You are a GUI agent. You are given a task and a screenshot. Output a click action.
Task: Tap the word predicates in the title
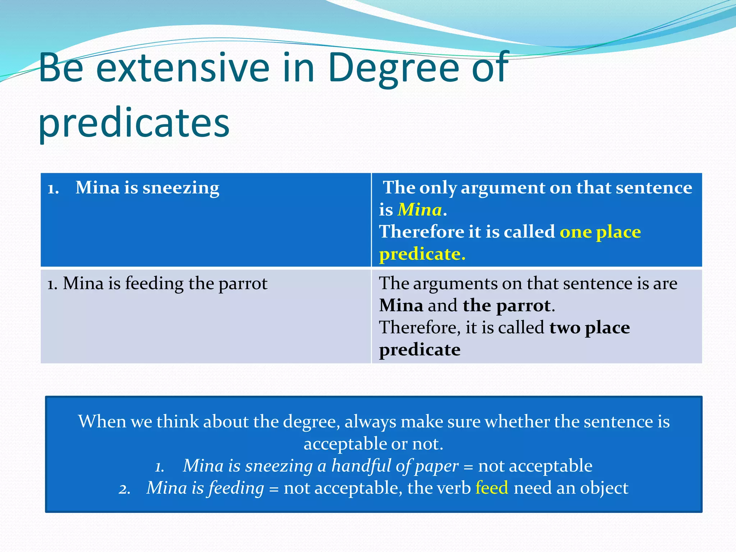134,123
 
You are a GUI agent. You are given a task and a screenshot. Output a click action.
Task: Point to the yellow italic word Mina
419,210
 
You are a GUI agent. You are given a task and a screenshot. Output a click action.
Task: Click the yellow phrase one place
600,232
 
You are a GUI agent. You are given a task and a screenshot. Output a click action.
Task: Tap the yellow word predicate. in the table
422,254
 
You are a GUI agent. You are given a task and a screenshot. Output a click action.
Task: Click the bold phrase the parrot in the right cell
507,305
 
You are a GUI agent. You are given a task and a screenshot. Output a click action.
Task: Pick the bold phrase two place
589,327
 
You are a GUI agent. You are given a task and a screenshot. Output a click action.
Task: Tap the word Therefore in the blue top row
422,232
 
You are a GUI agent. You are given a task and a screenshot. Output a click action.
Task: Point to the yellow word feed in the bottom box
492,488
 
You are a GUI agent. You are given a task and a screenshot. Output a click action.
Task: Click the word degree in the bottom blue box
311,422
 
